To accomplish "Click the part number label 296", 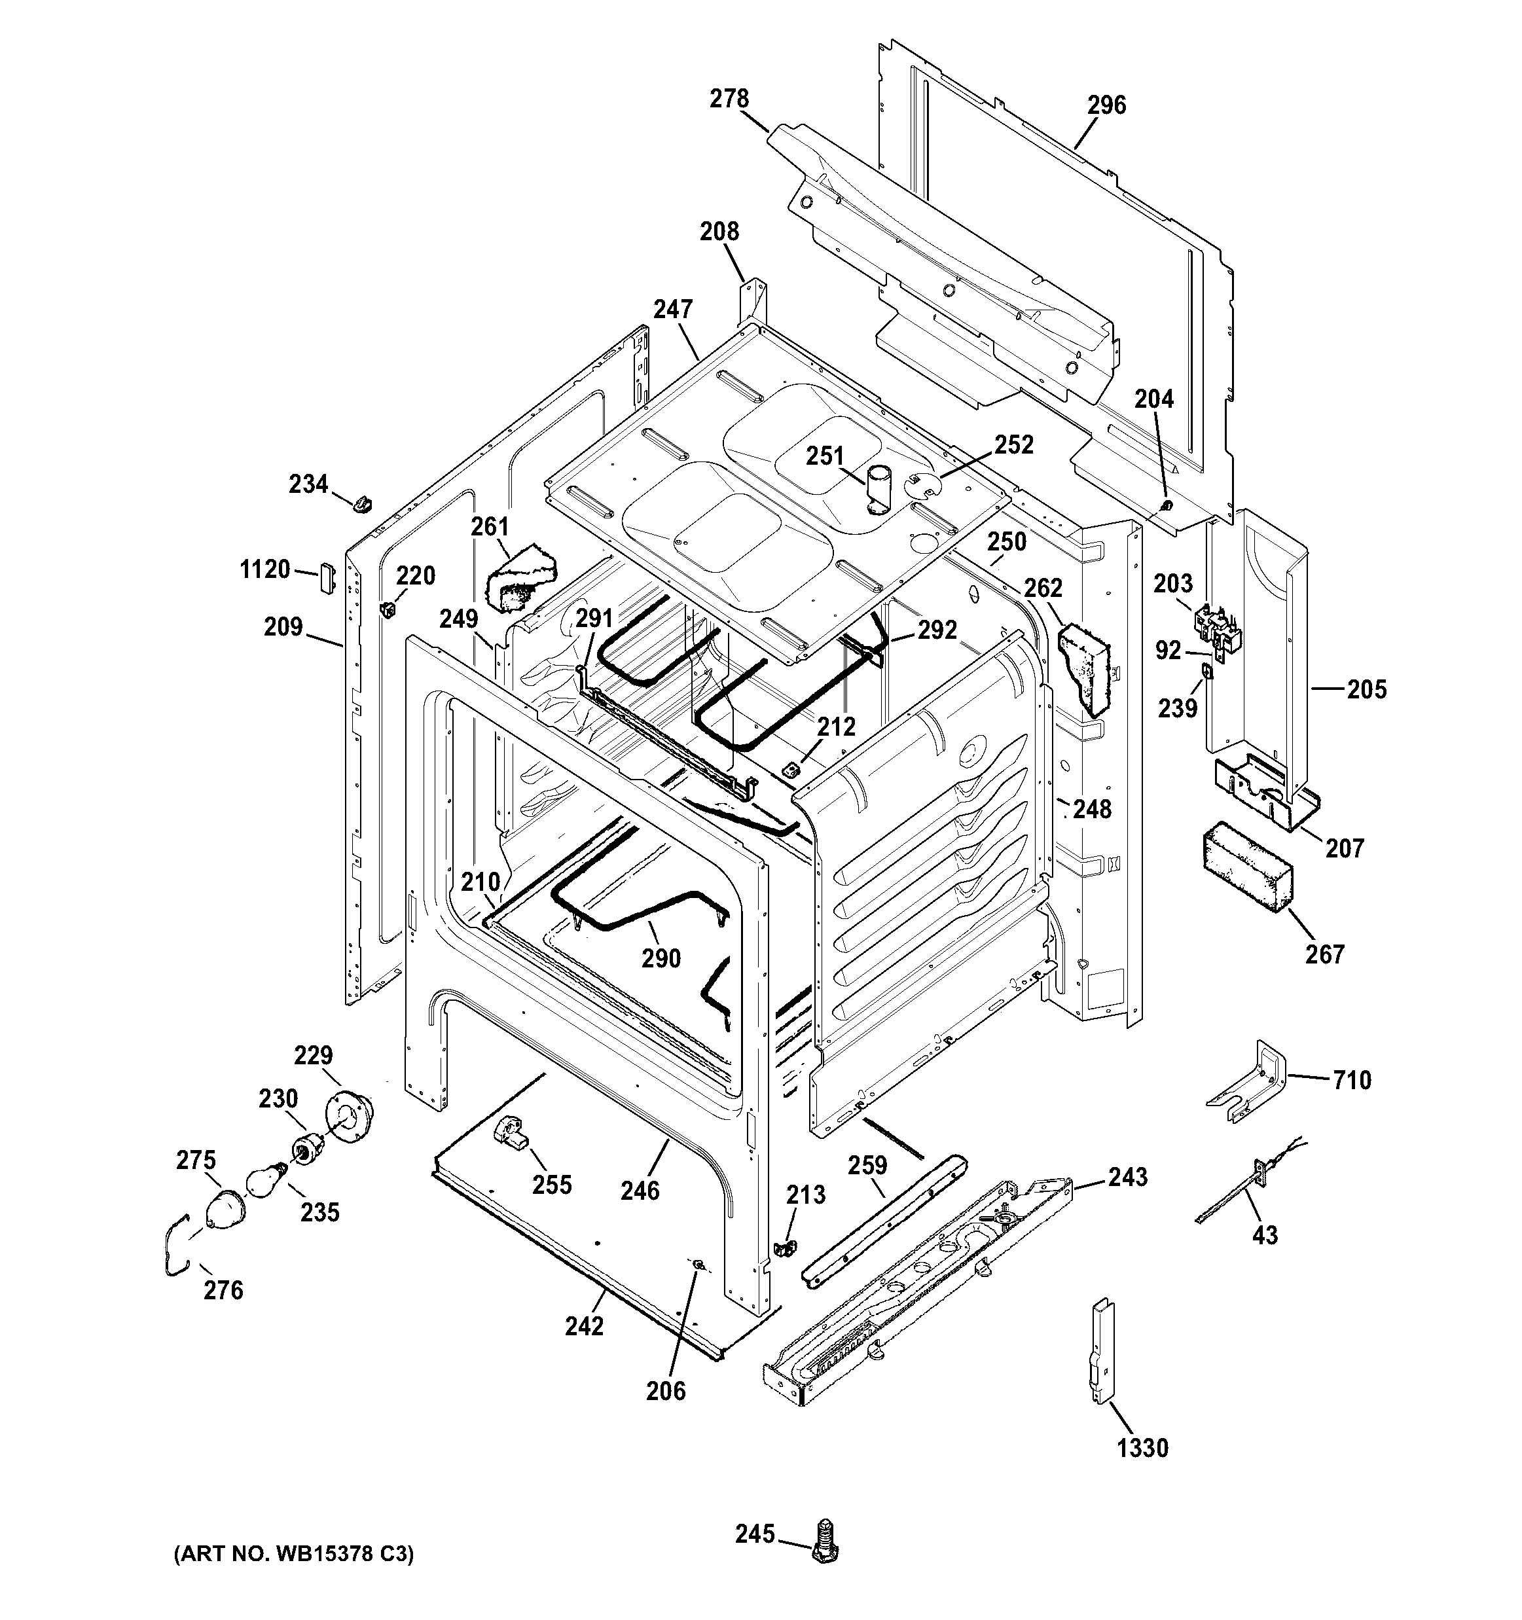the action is click(1106, 105).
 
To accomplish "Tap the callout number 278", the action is click(729, 99).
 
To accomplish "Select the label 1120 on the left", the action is click(265, 569).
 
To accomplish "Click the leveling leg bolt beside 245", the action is click(827, 1540).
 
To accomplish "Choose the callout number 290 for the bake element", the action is click(661, 958).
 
